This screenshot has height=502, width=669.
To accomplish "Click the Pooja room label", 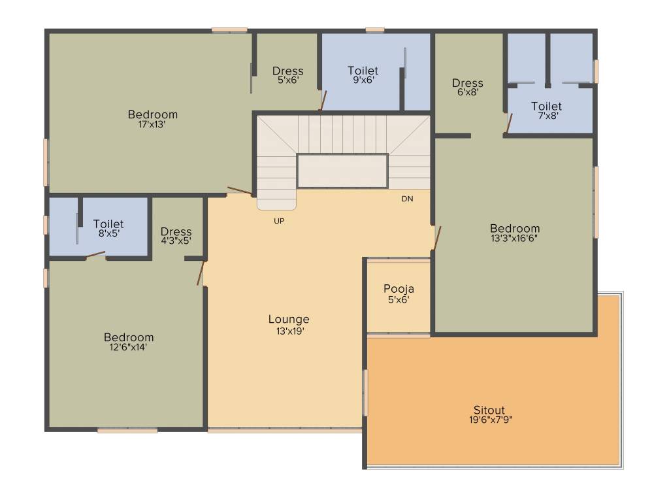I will pos(399,289).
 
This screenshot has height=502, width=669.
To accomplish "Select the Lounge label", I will pos(289,320).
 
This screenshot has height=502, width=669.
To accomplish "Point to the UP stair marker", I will pos(279,221).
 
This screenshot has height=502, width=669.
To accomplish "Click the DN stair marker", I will pos(407,198).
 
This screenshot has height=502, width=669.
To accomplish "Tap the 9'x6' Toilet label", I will pos(363,71).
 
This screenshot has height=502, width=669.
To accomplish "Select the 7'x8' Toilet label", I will pos(546,106).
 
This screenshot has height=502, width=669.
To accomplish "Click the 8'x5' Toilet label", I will pos(108,224).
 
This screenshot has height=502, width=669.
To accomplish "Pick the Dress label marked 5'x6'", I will pos(287,71).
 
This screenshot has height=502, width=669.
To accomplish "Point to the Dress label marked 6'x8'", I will pos(467,83).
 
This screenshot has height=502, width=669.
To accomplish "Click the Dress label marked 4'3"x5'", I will pos(176,231).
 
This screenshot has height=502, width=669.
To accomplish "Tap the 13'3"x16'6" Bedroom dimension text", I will pos(515,238).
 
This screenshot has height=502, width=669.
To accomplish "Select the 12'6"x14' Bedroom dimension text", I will pos(129,347).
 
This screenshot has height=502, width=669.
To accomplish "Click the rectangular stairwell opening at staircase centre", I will pos(342,171).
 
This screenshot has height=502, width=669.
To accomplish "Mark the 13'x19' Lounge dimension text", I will pos(289,331).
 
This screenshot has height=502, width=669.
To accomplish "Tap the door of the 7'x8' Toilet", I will pos(509,123).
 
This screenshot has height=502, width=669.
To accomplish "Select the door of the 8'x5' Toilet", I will pos(95,255).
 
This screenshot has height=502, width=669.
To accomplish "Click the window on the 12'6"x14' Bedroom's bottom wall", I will pos(127,431).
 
